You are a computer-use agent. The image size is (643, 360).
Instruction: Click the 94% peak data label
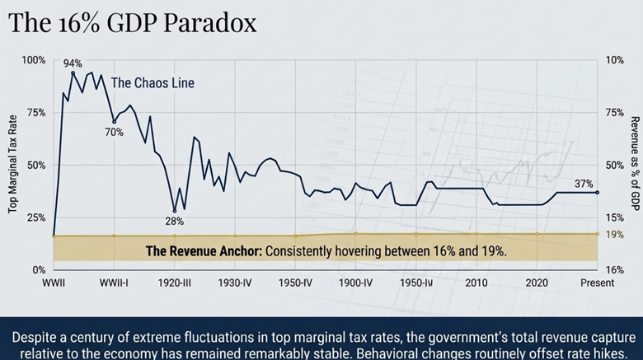click(73, 63)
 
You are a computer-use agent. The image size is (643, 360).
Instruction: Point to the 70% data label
click(114, 132)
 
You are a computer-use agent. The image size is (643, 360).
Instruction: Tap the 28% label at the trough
click(174, 221)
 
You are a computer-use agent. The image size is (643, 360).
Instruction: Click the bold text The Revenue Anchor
click(202, 250)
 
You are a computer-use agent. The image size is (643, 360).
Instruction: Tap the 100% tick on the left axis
click(34, 60)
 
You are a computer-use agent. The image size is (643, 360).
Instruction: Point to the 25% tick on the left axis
click(36, 217)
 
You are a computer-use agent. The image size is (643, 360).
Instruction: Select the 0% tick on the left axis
click(39, 270)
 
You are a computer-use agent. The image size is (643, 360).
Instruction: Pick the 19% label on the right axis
click(615, 235)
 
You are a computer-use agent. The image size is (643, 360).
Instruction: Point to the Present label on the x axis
click(597, 283)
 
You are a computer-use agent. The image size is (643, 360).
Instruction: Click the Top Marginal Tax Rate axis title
click(13, 165)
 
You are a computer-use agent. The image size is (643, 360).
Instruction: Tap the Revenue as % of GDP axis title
click(636, 164)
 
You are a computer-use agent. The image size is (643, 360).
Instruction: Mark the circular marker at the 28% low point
click(174, 210)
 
